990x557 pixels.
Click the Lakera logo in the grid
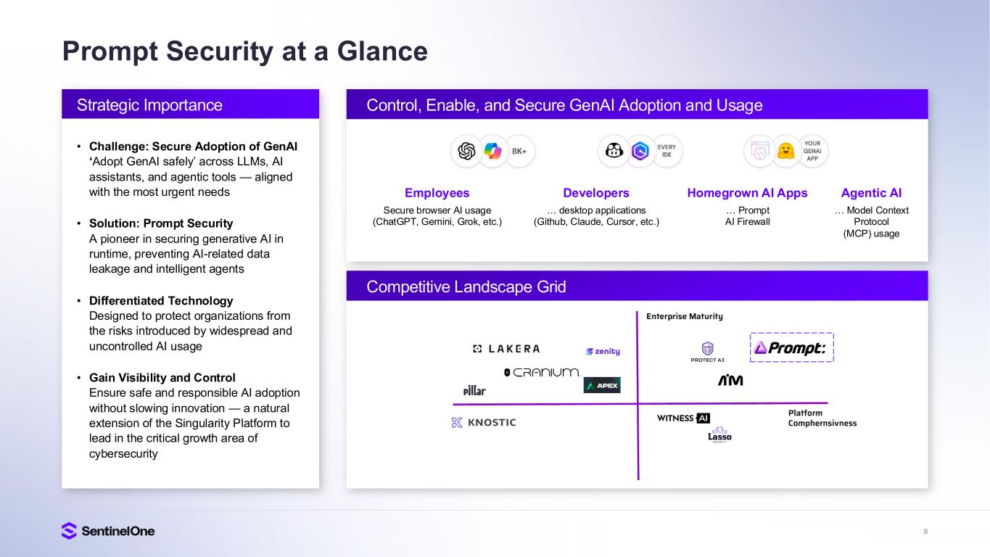click(506, 349)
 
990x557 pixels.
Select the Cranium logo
click(542, 372)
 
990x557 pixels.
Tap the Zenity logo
click(603, 351)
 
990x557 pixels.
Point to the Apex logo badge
click(602, 385)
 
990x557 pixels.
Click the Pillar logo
click(474, 390)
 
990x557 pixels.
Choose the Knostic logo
click(484, 422)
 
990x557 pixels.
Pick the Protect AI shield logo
click(707, 352)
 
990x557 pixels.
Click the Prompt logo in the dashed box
click(791, 348)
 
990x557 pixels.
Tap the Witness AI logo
click(683, 418)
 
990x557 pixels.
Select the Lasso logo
click(719, 436)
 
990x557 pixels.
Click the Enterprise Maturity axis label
click(685, 316)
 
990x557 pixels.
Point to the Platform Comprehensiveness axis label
click(822, 418)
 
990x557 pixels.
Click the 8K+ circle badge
click(519, 151)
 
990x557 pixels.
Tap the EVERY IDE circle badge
click(667, 151)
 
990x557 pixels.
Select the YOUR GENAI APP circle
click(812, 151)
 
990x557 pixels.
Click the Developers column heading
click(596, 193)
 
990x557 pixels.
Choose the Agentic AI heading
click(871, 193)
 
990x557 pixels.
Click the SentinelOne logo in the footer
click(108, 531)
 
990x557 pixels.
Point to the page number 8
click(925, 532)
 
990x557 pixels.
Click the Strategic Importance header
click(149, 105)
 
